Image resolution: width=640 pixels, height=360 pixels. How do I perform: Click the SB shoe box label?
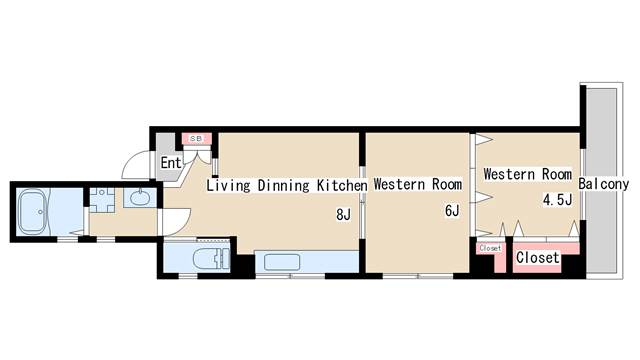click(x=196, y=139)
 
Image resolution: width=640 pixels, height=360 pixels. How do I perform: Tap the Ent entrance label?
click(x=171, y=163)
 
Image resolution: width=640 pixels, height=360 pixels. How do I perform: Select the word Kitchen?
click(x=342, y=185)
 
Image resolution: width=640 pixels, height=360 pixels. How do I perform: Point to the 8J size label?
click(x=343, y=214)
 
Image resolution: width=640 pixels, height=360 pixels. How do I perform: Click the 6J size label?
click(x=452, y=211)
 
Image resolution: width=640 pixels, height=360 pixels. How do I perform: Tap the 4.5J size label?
click(x=557, y=200)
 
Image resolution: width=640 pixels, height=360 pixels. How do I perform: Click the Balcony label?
click(x=604, y=184)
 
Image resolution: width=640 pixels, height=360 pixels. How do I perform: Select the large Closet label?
click(x=538, y=258)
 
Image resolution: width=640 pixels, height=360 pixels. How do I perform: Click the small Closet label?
click(x=490, y=248)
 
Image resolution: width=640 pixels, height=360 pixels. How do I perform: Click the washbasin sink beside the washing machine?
click(x=140, y=198)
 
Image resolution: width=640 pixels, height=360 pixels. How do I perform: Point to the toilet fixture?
click(x=211, y=259)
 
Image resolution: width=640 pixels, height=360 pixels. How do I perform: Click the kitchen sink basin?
click(x=282, y=262)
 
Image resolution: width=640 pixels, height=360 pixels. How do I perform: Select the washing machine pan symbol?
click(x=102, y=200)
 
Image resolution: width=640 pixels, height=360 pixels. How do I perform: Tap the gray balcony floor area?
click(x=601, y=180)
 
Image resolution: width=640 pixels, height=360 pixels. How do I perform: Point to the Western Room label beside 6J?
click(x=418, y=184)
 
